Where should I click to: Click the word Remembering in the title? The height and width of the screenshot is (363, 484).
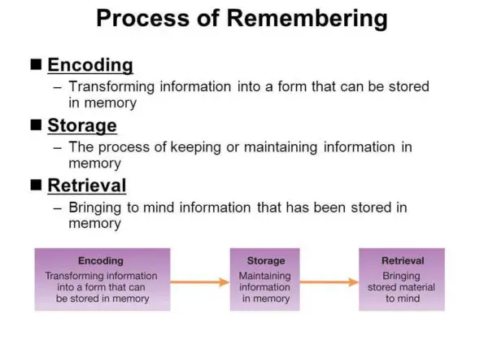click(x=307, y=19)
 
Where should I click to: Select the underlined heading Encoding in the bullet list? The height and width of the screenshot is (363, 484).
click(x=89, y=64)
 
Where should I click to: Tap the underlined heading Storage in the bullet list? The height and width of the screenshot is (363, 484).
click(x=81, y=125)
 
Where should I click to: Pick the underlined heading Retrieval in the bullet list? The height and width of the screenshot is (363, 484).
click(x=86, y=186)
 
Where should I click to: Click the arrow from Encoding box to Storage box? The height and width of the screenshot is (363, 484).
click(x=200, y=282)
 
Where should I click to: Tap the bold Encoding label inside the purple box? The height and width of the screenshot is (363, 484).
click(x=101, y=261)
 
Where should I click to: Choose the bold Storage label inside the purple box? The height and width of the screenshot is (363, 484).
click(x=266, y=261)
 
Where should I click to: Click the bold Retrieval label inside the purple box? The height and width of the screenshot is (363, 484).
click(x=403, y=261)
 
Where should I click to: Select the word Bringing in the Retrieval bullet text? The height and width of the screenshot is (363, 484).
click(x=96, y=208)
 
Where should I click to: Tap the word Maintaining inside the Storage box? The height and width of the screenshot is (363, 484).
click(x=266, y=276)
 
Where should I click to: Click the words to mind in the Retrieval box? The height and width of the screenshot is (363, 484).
click(x=403, y=299)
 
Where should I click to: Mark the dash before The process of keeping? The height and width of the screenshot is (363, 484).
click(x=57, y=147)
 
